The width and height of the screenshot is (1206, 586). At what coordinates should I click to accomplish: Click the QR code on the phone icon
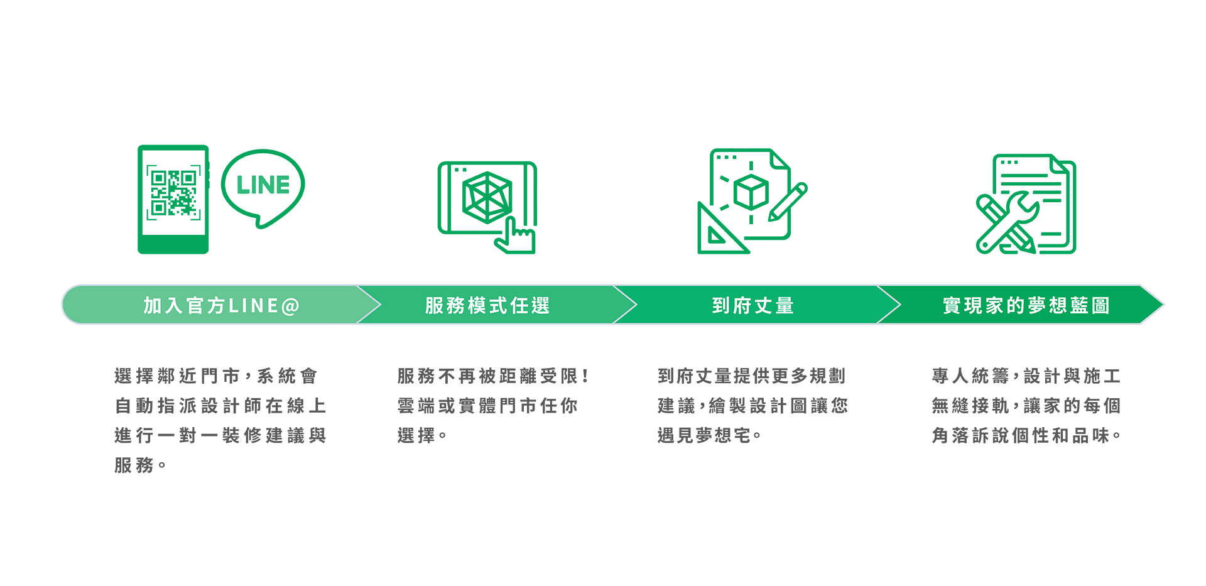pos(174,193)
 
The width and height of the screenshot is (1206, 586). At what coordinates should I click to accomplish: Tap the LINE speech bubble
pos(263,185)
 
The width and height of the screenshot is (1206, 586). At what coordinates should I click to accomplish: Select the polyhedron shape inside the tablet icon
pos(487,197)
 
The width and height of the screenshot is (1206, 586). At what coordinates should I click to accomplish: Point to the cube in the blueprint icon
pos(751,192)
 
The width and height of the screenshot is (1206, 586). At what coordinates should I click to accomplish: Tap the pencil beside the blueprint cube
pos(788,202)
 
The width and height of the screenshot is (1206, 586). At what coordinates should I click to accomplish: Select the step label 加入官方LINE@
pos(221,306)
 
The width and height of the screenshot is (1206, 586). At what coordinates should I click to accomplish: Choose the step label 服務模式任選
pos(487,306)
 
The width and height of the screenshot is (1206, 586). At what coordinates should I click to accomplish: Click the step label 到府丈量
pos(753,306)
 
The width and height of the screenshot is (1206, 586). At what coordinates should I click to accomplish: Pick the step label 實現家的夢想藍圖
pos(1026,306)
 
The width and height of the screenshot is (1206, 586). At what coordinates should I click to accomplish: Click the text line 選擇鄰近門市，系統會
pos(216,376)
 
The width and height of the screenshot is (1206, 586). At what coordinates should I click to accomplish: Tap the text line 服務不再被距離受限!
pos(493,376)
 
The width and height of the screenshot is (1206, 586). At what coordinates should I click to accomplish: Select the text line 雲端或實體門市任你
pos(487,406)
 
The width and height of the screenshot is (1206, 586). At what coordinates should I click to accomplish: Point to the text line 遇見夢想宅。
pos(709,435)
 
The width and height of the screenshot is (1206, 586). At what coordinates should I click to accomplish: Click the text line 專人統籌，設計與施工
pos(1026,376)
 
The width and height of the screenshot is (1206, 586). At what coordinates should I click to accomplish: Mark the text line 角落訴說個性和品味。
pos(1026,435)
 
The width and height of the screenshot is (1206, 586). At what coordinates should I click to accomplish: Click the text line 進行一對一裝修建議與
pos(220,435)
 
